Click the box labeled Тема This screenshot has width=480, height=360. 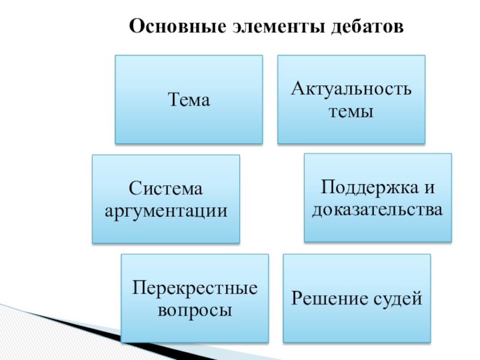tap(188, 100)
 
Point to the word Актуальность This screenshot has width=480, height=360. tap(351, 90)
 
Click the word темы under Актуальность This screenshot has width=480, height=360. tap(351, 111)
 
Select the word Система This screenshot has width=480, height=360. tap(166, 190)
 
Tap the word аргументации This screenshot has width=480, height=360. tap(166, 211)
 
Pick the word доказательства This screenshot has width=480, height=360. tap(377, 209)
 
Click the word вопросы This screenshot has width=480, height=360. tap(195, 310)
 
